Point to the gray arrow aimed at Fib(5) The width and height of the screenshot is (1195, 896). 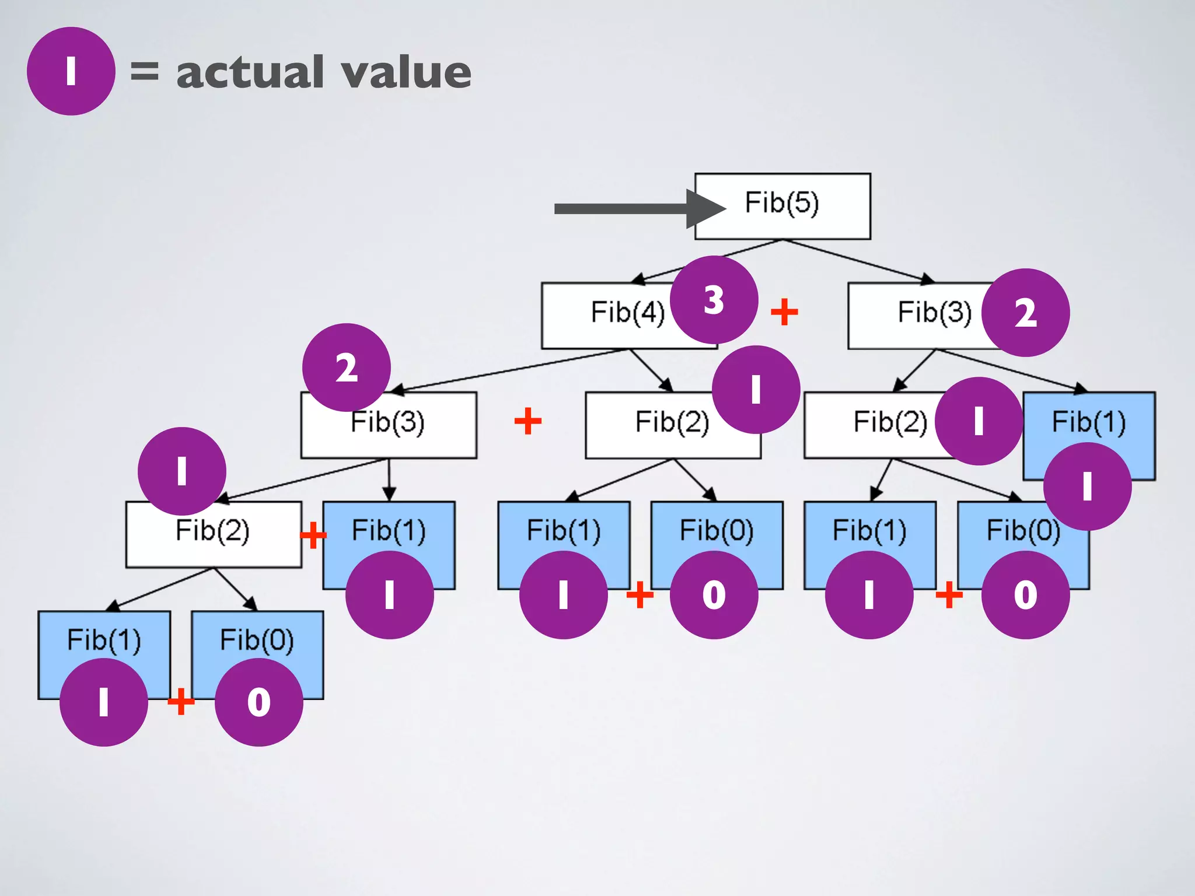(630, 209)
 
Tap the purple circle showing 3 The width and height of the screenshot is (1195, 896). (714, 300)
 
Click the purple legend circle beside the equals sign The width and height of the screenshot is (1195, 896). (71, 71)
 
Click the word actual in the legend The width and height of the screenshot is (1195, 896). (250, 72)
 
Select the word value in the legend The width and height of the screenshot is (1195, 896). (406, 72)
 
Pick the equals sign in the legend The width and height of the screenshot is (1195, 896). (144, 71)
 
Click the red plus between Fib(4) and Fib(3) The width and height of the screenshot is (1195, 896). (784, 312)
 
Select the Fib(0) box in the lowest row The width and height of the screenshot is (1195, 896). (257, 636)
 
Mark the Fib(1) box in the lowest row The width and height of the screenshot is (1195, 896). (104, 636)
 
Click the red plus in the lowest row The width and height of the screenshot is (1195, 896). (181, 701)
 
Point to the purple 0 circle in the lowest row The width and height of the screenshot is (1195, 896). (258, 702)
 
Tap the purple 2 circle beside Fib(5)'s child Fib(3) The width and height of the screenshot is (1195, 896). (1025, 313)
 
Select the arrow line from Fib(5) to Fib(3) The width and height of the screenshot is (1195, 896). (858, 260)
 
